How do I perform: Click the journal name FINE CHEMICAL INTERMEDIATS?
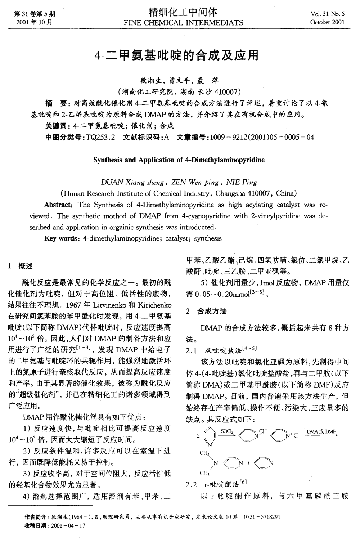pyautogui.click(x=183, y=23)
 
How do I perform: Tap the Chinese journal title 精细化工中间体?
pyautogui.click(x=183, y=13)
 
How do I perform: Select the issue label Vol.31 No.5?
pyautogui.click(x=327, y=14)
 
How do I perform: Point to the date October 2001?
pyautogui.click(x=327, y=22)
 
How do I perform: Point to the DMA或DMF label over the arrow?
pyautogui.click(x=321, y=431)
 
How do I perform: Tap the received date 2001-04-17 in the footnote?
pyautogui.click(x=68, y=525)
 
